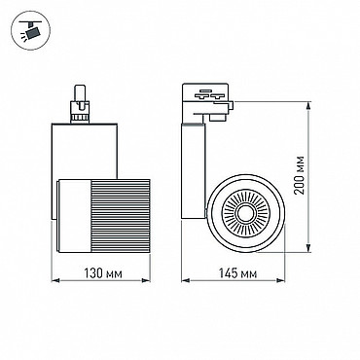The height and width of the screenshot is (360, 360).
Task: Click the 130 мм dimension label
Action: pyautogui.click(x=103, y=273)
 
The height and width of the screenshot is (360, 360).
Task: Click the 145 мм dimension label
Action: pyautogui.click(x=237, y=273)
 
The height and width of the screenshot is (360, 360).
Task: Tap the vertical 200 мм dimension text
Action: pyautogui.click(x=300, y=175)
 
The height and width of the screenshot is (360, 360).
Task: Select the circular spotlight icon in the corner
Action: pyautogui.click(x=30, y=31)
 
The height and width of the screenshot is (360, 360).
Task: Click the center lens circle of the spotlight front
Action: pyautogui.click(x=246, y=213)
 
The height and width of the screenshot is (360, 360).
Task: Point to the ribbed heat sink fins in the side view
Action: pyautogui.click(x=121, y=215)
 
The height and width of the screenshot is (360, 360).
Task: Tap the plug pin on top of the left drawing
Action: pyautogui.click(x=80, y=94)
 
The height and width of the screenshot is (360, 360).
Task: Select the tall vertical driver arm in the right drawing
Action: pyautogui.click(x=193, y=170)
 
